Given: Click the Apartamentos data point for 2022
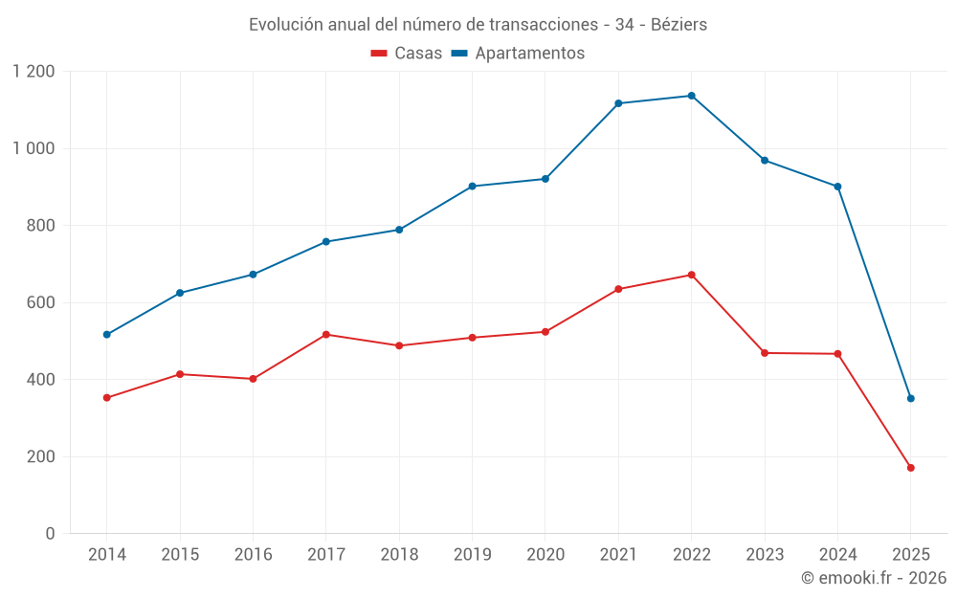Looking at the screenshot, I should coord(691,96).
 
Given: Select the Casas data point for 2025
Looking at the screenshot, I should coord(910,468).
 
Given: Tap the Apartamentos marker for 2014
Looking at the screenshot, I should coord(106,335).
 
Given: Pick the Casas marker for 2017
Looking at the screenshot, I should coord(325,334).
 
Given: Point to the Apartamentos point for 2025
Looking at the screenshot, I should coord(910,398).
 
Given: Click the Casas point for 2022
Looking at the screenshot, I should coord(691,275).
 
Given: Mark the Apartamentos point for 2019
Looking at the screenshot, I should coord(472,187).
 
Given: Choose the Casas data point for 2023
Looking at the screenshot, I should coord(765,353).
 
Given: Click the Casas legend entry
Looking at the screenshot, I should coord(407,54).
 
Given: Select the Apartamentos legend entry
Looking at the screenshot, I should coord(518,54).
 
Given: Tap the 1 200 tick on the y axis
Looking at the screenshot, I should coord(34,72).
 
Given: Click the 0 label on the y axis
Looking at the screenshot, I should coord(51,534).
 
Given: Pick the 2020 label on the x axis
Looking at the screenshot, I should coord(545,555).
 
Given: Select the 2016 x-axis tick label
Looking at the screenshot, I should coord(253,555).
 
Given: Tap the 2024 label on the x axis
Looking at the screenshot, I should coord(837,555).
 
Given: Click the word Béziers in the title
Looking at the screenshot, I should coord(679,25).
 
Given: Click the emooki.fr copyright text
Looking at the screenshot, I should coord(873,578).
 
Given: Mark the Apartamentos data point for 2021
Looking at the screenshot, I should coord(618,103).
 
